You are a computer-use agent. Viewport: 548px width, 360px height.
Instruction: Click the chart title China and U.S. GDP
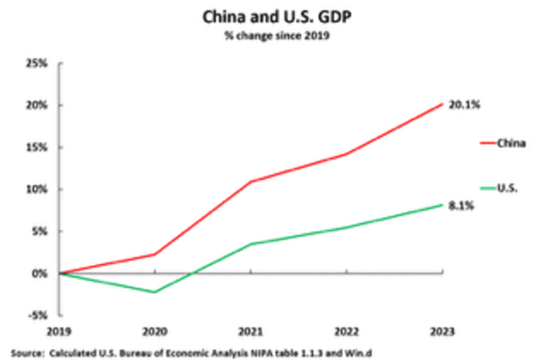click(x=273, y=16)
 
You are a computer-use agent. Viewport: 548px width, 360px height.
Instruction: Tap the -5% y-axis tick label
click(x=38, y=315)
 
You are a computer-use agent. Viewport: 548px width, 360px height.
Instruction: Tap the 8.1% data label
click(x=461, y=206)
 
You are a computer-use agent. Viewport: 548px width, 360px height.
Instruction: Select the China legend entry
click(x=511, y=144)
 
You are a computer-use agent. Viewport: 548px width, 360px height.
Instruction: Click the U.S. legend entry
click(x=508, y=189)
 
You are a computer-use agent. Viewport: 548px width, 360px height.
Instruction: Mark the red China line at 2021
click(x=251, y=182)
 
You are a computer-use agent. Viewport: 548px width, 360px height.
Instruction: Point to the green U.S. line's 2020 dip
click(x=155, y=292)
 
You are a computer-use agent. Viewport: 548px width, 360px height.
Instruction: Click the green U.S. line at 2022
click(x=346, y=228)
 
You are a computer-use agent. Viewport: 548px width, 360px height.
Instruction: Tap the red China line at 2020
click(x=155, y=255)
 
